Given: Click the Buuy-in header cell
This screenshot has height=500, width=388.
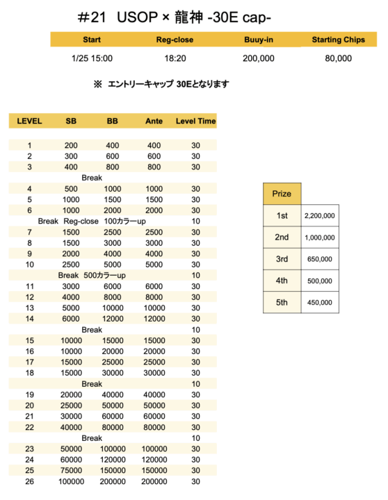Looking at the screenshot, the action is click(259, 40).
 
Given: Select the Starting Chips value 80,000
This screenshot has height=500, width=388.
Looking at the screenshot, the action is click(338, 58).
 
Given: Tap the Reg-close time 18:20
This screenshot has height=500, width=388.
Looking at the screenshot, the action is click(175, 58).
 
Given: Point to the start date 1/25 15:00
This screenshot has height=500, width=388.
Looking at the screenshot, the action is click(92, 58).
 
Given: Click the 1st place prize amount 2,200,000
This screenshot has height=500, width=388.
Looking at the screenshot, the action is click(320, 216).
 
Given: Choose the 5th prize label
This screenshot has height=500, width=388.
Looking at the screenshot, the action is click(282, 302).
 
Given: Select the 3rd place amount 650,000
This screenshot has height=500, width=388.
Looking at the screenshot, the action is click(320, 259).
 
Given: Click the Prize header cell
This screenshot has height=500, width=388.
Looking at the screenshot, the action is click(282, 194).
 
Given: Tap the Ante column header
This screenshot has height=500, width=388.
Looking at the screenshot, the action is click(154, 121).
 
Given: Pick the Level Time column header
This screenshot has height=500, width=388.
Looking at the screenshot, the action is click(195, 121).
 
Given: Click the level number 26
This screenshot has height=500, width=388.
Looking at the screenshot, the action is click(29, 481).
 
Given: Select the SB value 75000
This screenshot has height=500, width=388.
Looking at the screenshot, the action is click(71, 470).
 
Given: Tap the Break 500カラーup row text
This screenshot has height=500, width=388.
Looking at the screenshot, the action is click(92, 275).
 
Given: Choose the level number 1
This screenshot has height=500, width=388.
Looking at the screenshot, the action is click(29, 146).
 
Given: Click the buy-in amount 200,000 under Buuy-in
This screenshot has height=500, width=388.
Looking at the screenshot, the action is click(259, 58).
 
